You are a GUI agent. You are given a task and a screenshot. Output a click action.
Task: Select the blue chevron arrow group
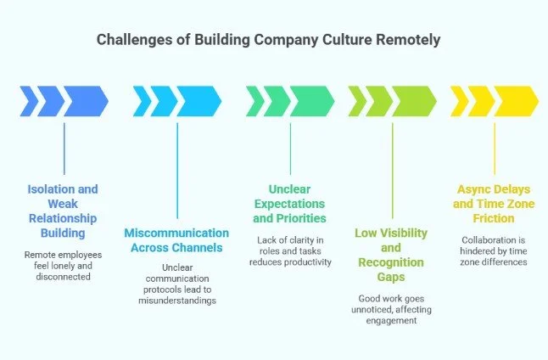point(64,100)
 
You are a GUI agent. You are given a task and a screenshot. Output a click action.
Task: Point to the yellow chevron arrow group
point(494,100)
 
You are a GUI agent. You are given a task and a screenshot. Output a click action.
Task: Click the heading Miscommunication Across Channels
point(176,240)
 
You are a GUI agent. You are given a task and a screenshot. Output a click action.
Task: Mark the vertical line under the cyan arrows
point(176,170)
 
